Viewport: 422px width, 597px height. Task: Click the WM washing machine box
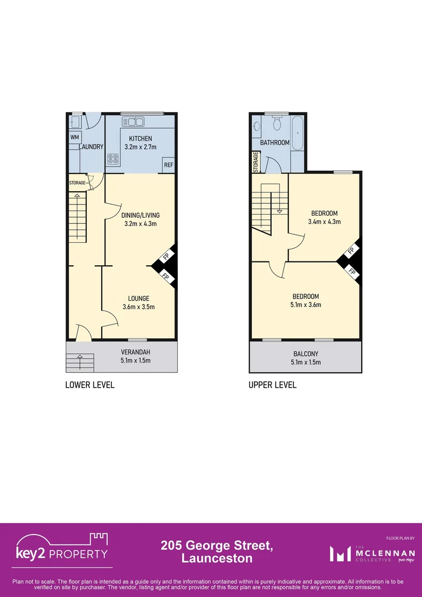coord(74,137)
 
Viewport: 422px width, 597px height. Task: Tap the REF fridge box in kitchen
coord(168,165)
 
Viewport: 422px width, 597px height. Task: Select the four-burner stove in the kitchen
coord(113,159)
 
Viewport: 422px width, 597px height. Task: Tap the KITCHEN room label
coord(140,139)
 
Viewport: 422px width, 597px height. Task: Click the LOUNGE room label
coord(139,298)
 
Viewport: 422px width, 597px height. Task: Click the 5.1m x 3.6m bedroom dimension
coord(306,305)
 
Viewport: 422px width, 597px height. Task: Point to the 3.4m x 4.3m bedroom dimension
coord(324,222)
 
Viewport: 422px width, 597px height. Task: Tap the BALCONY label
coord(305,354)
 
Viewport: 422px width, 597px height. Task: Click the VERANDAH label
coord(135,352)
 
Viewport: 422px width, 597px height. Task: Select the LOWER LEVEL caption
coord(89,385)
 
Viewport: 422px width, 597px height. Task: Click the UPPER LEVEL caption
coord(272,385)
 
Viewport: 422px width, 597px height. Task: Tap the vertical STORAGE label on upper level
coord(256,163)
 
